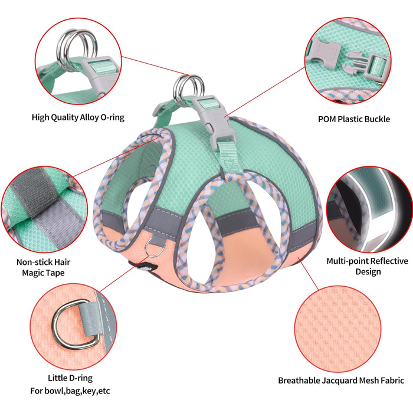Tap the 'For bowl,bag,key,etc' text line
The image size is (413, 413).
tap(70, 391)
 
